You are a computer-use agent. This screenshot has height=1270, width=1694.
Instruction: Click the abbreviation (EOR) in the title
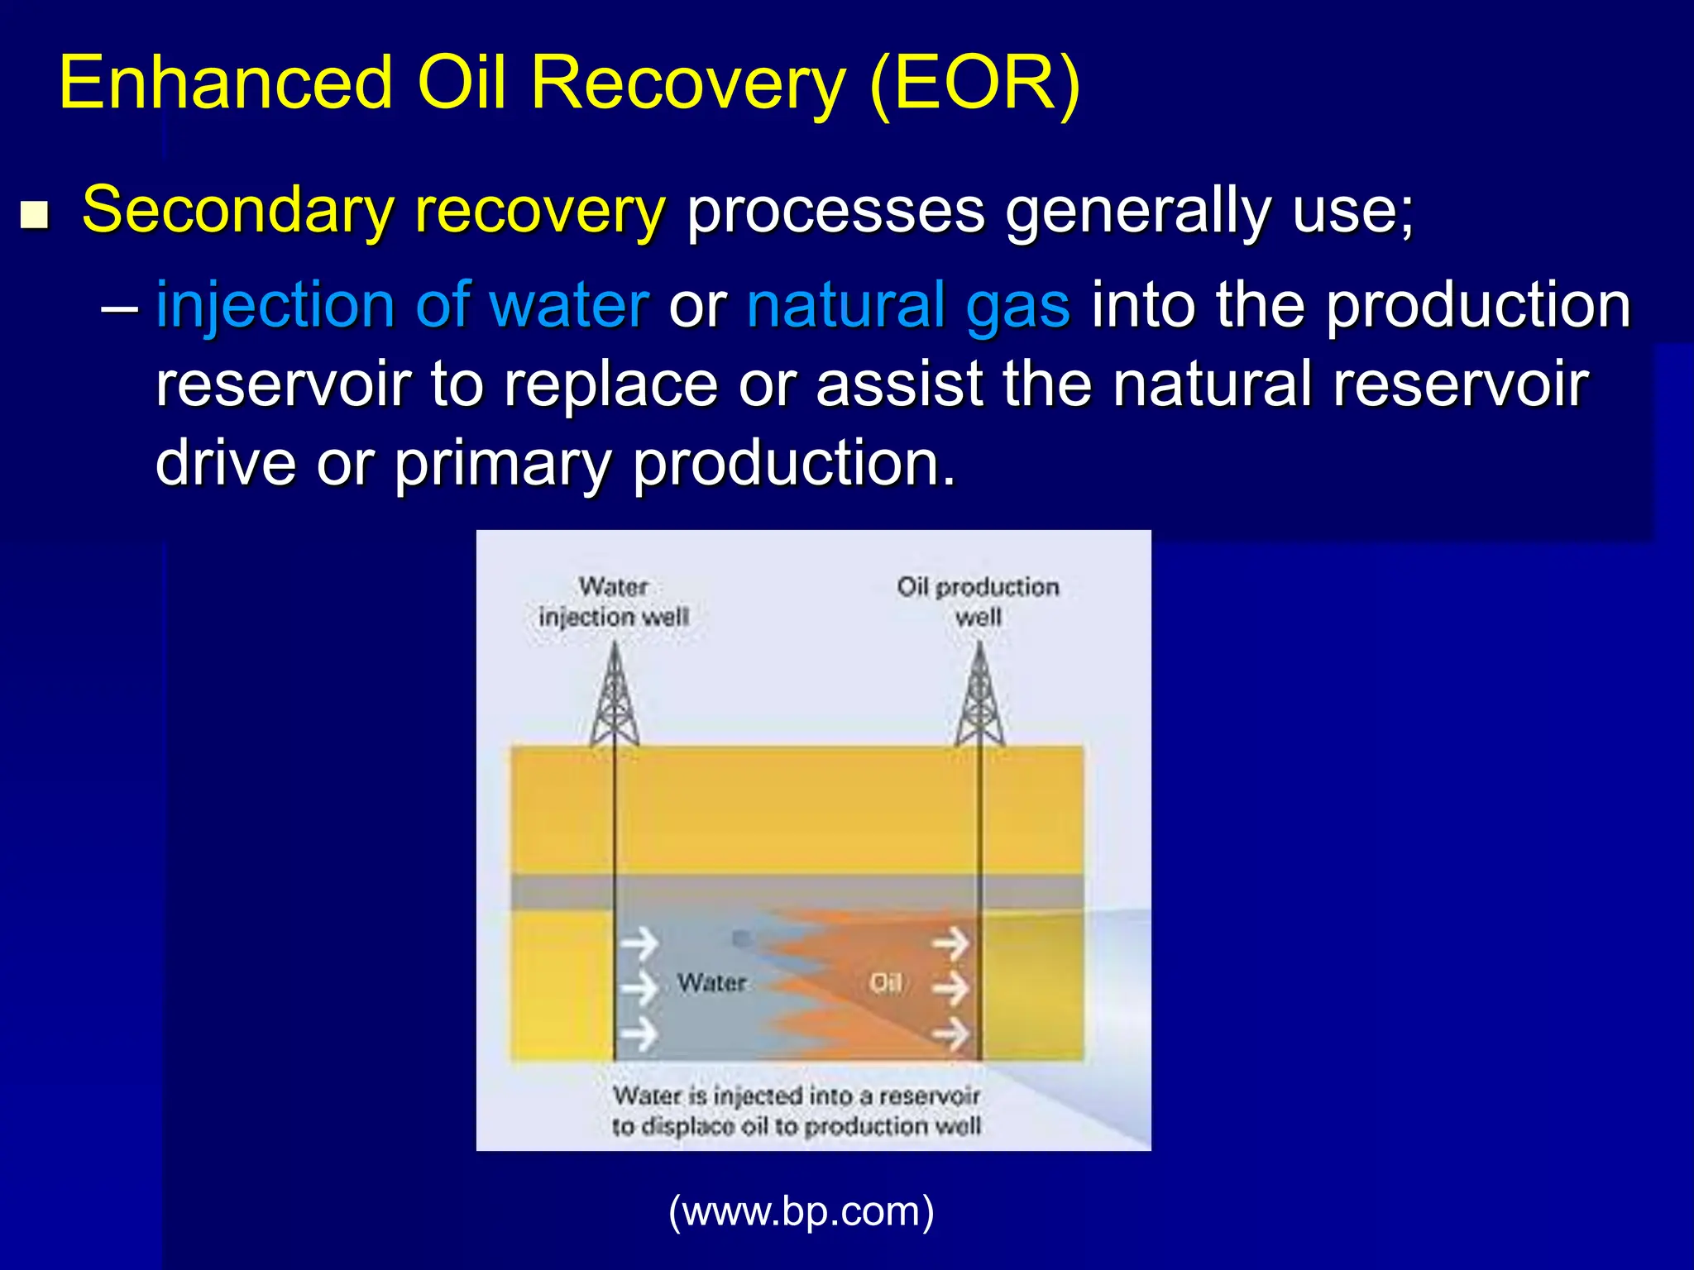coord(975,83)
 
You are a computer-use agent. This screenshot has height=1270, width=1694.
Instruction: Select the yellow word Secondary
coord(237,211)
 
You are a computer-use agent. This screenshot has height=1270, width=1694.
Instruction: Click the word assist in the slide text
coord(899,384)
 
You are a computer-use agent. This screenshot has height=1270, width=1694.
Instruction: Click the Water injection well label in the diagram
coord(613,602)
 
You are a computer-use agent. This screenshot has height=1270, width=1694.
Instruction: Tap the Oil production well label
coord(978,602)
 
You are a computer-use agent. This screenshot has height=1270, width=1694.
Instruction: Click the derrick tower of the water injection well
coord(615,699)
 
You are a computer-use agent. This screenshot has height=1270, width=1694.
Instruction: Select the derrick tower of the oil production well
coord(980,699)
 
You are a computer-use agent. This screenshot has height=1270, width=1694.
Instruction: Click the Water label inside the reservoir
coord(711,983)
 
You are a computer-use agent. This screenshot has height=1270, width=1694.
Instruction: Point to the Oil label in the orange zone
coord(885,983)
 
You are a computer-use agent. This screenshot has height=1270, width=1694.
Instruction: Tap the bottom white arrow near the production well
coord(951,1034)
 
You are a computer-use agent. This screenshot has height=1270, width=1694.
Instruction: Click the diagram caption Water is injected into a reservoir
coord(796,1110)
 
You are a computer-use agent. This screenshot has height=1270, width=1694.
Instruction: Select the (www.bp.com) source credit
coord(801,1211)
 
